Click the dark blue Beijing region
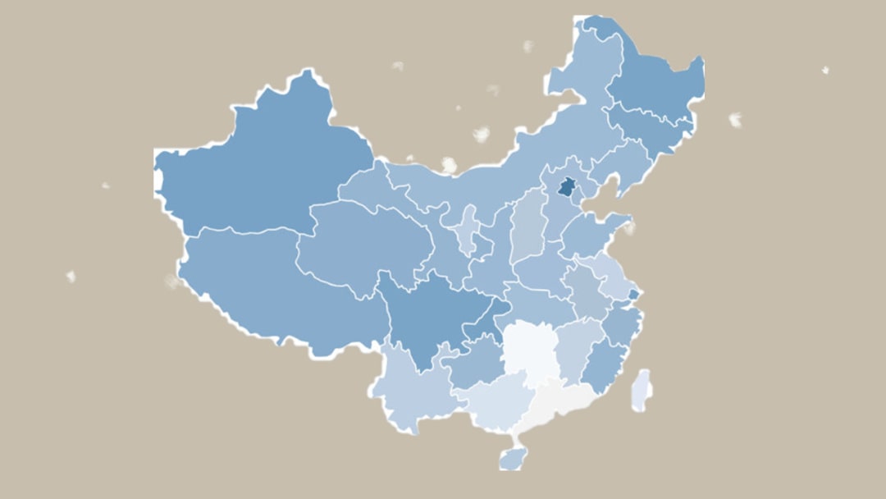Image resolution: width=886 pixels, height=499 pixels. pyautogui.click(x=566, y=187)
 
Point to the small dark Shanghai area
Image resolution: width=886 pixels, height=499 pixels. pyautogui.click(x=633, y=293)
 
